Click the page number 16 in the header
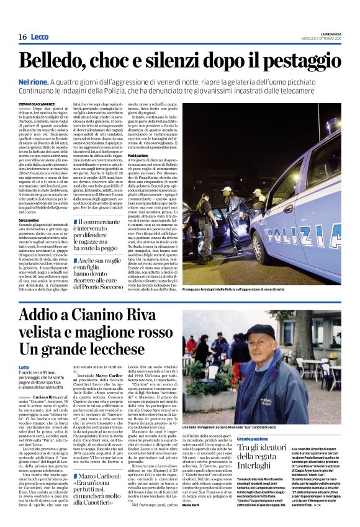click(x=22, y=37)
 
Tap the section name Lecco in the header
click(x=40, y=37)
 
